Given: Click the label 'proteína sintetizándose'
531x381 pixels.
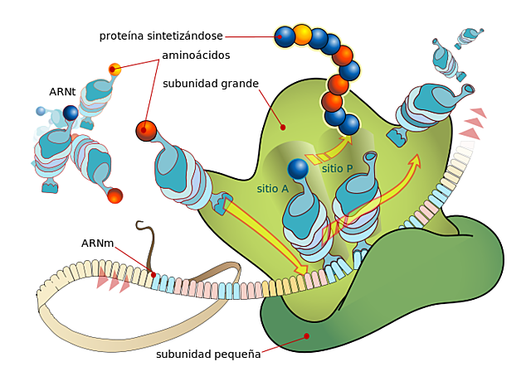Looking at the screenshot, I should click(161, 36).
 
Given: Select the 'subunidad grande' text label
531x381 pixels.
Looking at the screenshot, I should click(211, 84).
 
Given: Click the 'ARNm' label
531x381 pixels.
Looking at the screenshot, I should click(97, 244).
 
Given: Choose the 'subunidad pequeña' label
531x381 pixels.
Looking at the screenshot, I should click(208, 354).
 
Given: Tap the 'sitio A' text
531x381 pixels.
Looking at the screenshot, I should click(272, 189).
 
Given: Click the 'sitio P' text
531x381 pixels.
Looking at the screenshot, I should click(337, 168).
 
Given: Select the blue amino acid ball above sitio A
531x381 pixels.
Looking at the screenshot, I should click(298, 169).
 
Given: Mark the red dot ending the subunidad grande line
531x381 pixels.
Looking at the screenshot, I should click(283, 127).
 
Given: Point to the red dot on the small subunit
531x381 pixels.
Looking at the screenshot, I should click(307, 336).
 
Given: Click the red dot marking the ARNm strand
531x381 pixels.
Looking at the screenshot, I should click(153, 275).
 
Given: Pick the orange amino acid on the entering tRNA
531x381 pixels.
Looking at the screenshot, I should click(146, 130).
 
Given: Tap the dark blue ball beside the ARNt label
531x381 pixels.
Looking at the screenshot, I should click(71, 113).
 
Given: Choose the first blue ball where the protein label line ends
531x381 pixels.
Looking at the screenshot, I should click(285, 35).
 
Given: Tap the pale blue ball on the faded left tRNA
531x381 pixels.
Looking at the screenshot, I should click(41, 111).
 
